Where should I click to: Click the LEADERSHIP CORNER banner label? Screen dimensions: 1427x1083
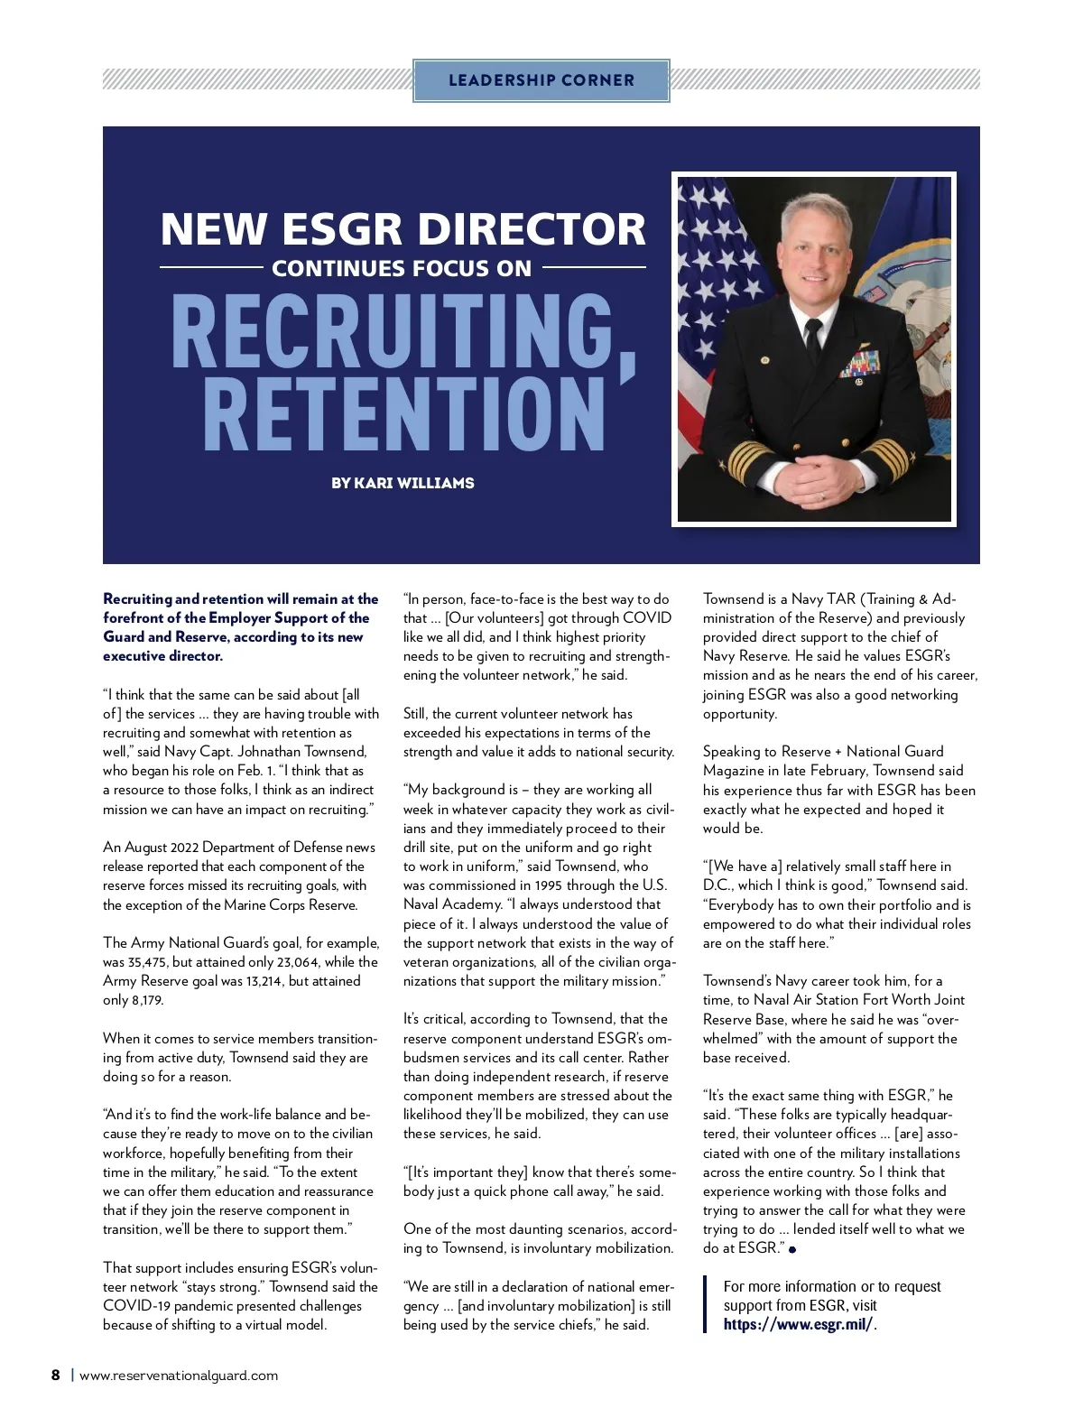point(541,80)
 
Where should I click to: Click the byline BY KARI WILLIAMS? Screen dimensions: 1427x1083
point(403,483)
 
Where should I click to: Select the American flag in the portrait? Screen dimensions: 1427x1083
point(713,298)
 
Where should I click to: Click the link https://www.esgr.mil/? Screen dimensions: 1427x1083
point(798,1325)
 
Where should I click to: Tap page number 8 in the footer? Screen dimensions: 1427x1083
point(56,1376)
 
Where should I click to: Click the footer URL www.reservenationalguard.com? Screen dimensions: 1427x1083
point(179,1376)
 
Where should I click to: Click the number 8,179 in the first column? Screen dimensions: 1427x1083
point(146,1000)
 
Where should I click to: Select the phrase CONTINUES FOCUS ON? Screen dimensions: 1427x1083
point(402,269)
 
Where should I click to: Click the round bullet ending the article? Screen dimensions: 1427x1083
point(792,1250)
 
